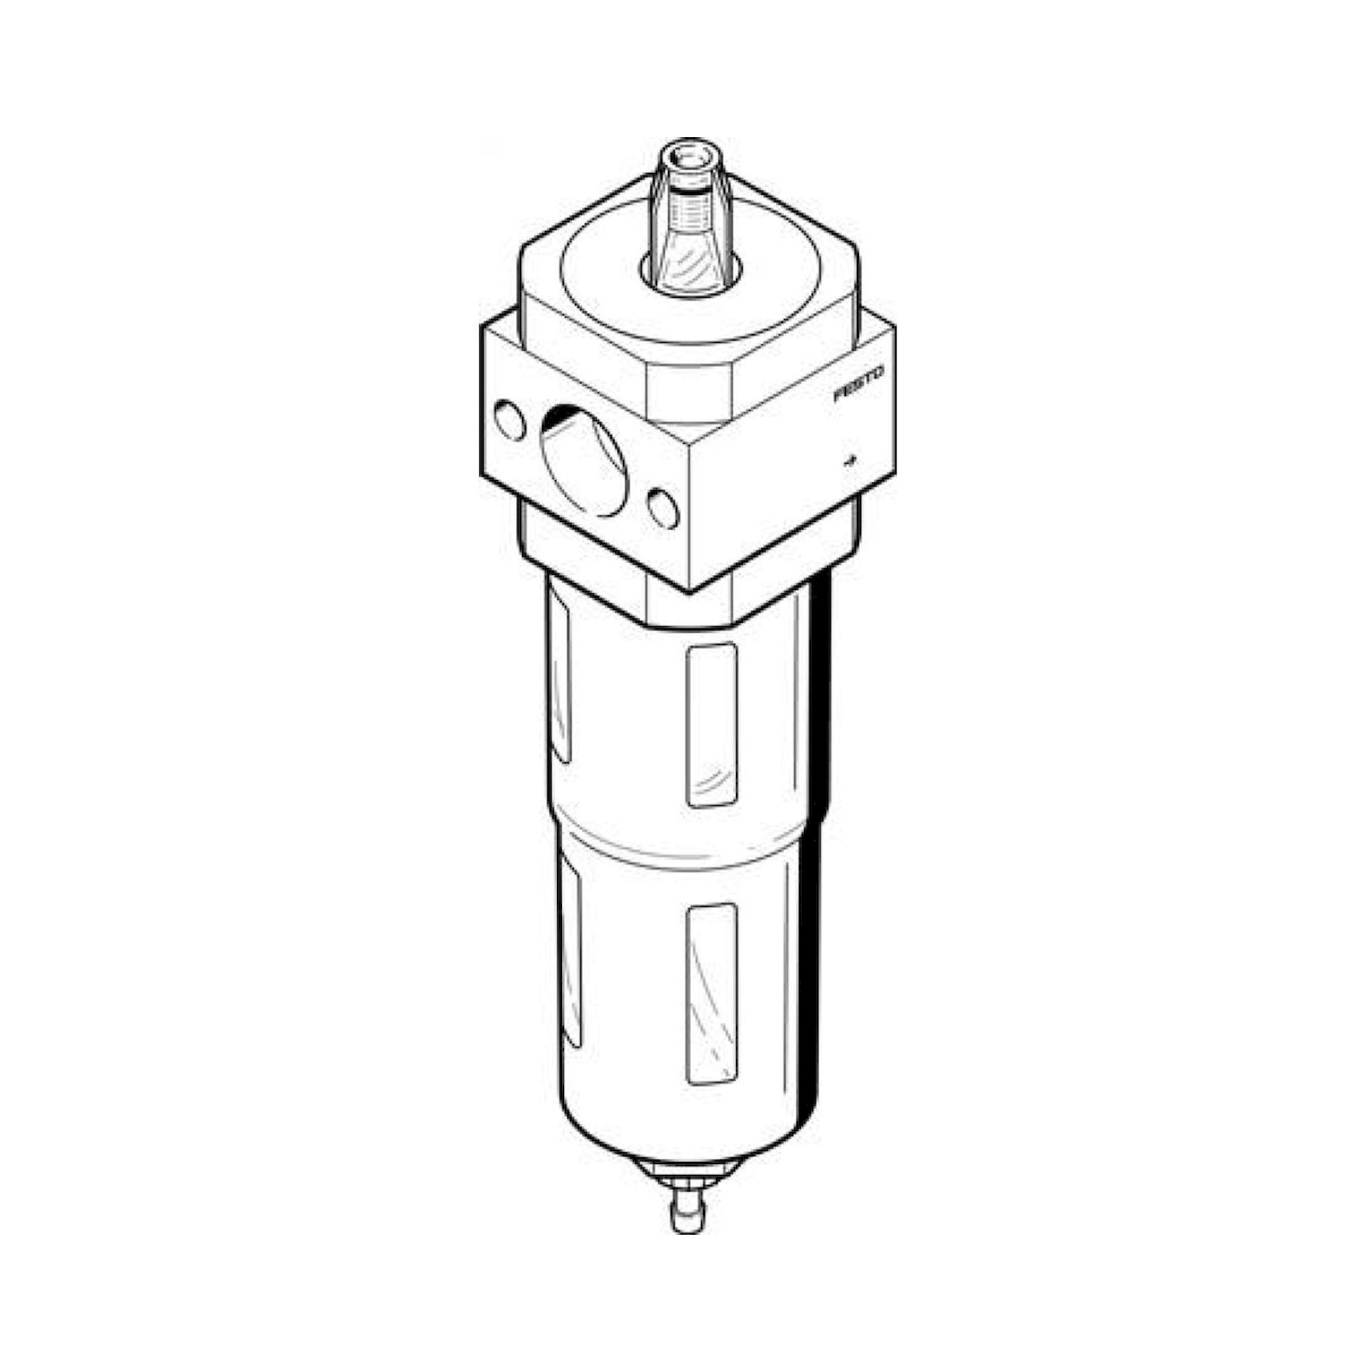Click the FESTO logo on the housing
[860, 384]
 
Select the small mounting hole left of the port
[510, 421]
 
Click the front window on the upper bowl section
[711, 724]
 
